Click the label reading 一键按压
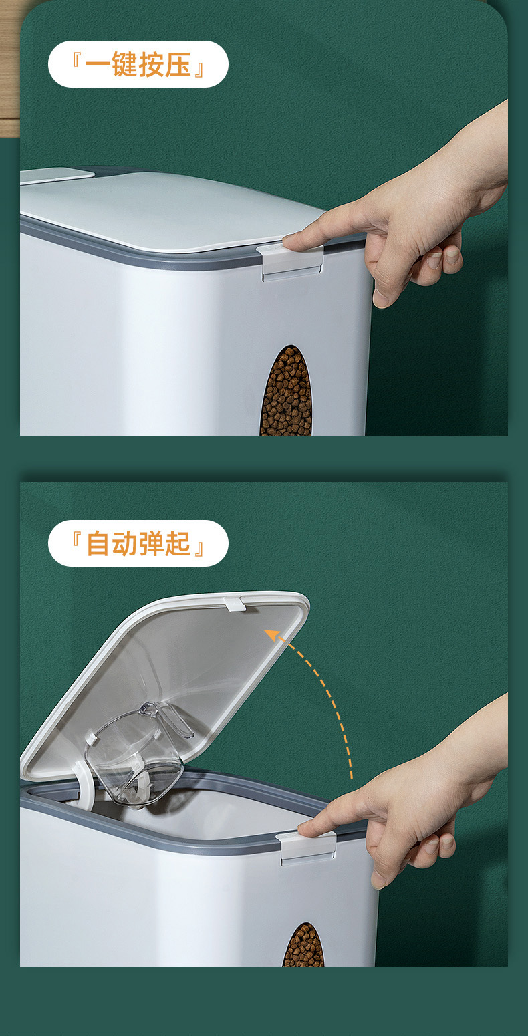point(138,65)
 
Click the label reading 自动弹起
point(138,543)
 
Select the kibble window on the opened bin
point(303,946)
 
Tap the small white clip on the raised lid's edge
point(235,603)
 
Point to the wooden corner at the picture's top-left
point(9,67)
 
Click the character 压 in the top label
point(177,65)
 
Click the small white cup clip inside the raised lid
point(90,739)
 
